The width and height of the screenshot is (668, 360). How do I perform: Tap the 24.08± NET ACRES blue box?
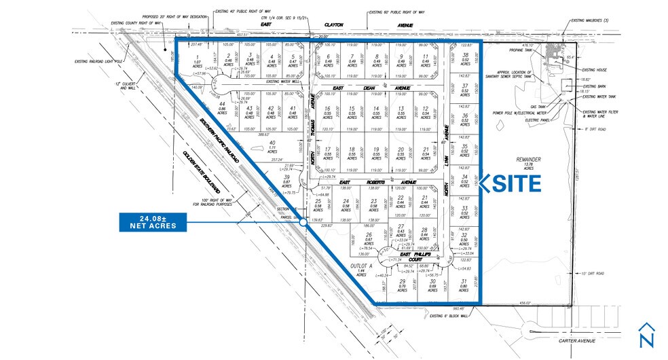(152, 221)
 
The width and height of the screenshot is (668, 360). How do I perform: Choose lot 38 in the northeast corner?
(464, 60)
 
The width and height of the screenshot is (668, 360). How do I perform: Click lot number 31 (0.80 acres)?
(464, 286)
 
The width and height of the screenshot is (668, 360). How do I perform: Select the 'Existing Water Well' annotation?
(265, 82)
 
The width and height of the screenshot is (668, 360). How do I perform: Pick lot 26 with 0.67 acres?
(369, 240)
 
